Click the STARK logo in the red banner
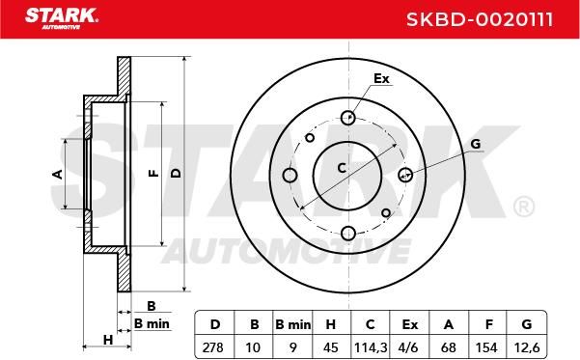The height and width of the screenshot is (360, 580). (62, 18)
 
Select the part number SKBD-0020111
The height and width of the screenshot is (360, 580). (480, 19)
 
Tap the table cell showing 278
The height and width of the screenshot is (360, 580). (213, 347)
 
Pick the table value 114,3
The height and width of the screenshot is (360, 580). (371, 347)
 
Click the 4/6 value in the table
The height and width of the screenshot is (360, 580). (409, 347)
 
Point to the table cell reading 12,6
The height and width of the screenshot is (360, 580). (527, 347)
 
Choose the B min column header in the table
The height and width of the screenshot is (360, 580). (293, 325)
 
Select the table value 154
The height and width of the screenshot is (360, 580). (486, 347)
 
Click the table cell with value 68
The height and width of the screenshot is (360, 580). (449, 347)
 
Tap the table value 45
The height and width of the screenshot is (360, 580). (331, 347)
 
